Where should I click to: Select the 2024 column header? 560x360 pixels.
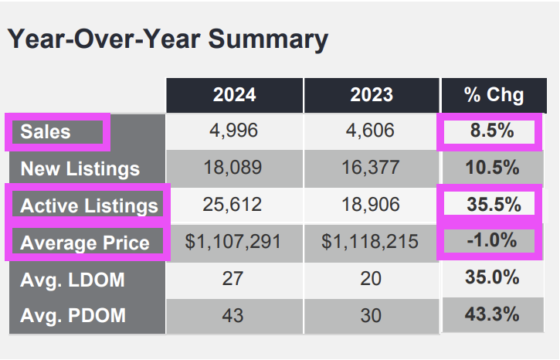click(234, 95)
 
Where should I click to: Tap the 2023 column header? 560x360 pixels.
click(371, 95)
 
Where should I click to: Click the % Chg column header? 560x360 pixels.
click(494, 95)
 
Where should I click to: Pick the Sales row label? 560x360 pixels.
click(46, 131)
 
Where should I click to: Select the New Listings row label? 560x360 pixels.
click(80, 168)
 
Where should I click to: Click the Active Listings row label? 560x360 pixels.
click(89, 205)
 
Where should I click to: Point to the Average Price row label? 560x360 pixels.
click(85, 243)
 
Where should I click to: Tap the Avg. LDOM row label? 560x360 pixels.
click(73, 279)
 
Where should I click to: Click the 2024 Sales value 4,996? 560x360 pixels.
click(234, 131)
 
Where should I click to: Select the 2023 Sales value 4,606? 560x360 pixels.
click(371, 131)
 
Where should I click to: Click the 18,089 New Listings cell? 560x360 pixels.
click(234, 168)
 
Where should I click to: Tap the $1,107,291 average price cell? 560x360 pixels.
click(234, 243)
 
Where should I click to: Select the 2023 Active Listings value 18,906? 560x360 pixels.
click(371, 205)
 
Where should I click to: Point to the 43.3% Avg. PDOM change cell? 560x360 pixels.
click(493, 314)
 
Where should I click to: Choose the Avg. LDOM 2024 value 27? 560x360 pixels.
click(234, 279)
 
